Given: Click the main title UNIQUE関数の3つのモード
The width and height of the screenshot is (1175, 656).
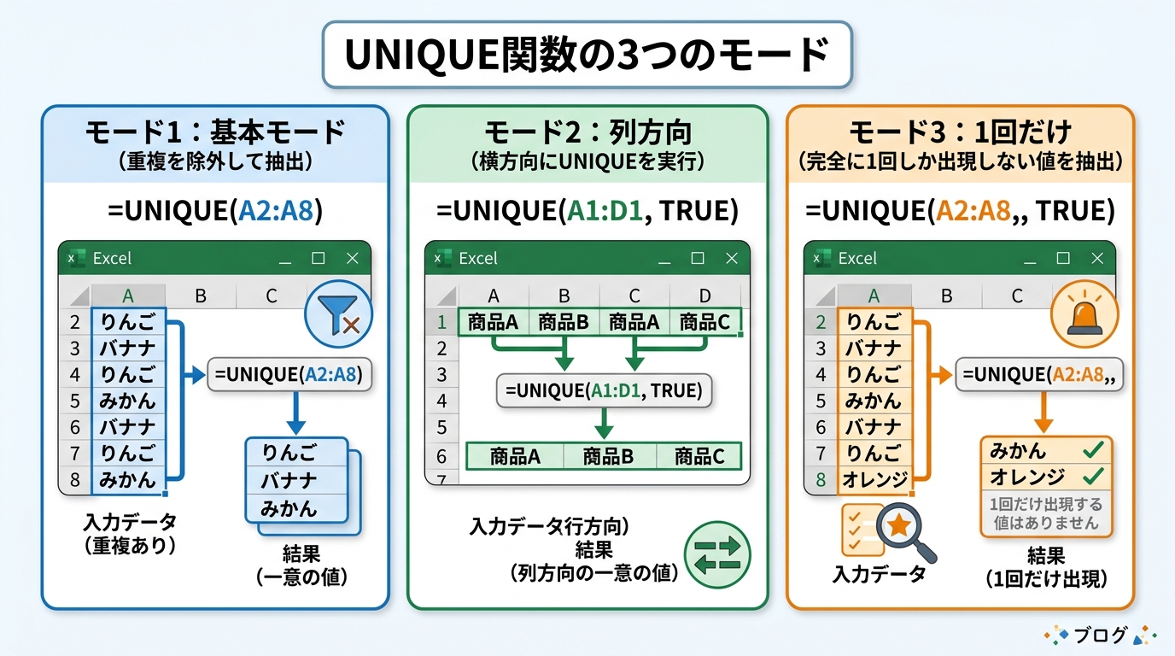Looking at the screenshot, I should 587,55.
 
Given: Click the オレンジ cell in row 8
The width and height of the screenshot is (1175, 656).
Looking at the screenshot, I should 875,479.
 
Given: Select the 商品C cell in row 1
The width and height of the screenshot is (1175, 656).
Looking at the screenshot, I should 704,322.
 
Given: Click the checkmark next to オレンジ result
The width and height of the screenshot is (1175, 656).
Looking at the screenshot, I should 1092,476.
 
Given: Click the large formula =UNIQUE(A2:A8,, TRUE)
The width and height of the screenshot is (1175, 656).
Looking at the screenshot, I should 960,210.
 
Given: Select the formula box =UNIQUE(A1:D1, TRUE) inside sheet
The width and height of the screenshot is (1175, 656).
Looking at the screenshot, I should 603,390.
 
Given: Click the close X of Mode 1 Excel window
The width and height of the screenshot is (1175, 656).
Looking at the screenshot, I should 352,259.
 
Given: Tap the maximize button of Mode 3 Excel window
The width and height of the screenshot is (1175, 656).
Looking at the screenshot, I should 1062,259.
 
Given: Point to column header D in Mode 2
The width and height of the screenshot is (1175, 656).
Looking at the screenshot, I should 704,296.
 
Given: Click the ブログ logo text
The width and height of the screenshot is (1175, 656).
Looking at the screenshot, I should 1102,635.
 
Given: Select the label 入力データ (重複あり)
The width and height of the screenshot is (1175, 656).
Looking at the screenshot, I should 129,534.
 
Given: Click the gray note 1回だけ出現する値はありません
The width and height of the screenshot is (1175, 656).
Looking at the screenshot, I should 1046,512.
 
